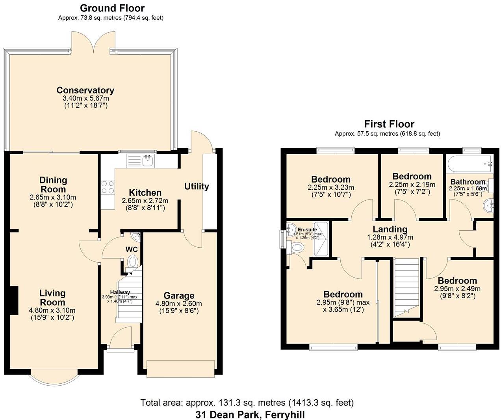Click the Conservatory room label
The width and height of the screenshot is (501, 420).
[x=85, y=90]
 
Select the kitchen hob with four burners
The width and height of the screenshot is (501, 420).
[x=108, y=187]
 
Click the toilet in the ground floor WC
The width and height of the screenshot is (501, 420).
[x=133, y=261]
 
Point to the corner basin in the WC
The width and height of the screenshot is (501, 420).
[x=136, y=237]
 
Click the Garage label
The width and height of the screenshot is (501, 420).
[x=179, y=296]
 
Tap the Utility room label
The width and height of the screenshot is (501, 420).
[x=197, y=187]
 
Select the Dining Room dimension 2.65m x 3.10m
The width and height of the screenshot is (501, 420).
[x=53, y=197]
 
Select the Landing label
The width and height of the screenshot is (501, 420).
[x=390, y=229]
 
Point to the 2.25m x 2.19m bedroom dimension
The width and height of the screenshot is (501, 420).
[x=412, y=185]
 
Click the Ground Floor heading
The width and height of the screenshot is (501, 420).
[x=112, y=8]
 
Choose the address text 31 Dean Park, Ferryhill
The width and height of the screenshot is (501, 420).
[x=250, y=414]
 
